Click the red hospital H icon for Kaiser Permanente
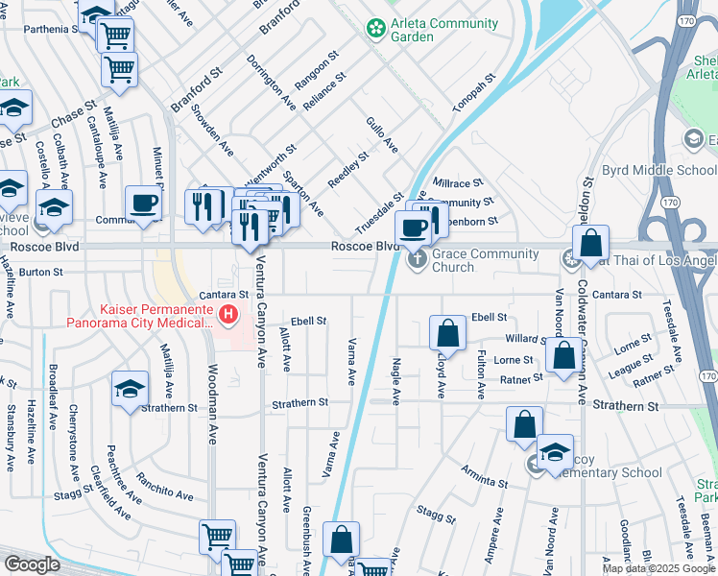click(228, 313)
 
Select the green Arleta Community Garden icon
click(373, 30)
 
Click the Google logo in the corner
click(33, 564)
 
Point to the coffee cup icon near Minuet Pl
click(144, 204)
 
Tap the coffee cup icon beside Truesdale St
click(414, 228)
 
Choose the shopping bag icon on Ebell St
click(447, 333)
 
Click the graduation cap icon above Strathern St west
click(130, 389)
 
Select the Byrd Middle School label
click(658, 171)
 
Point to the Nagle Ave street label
click(396, 377)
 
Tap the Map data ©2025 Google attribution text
click(658, 568)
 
